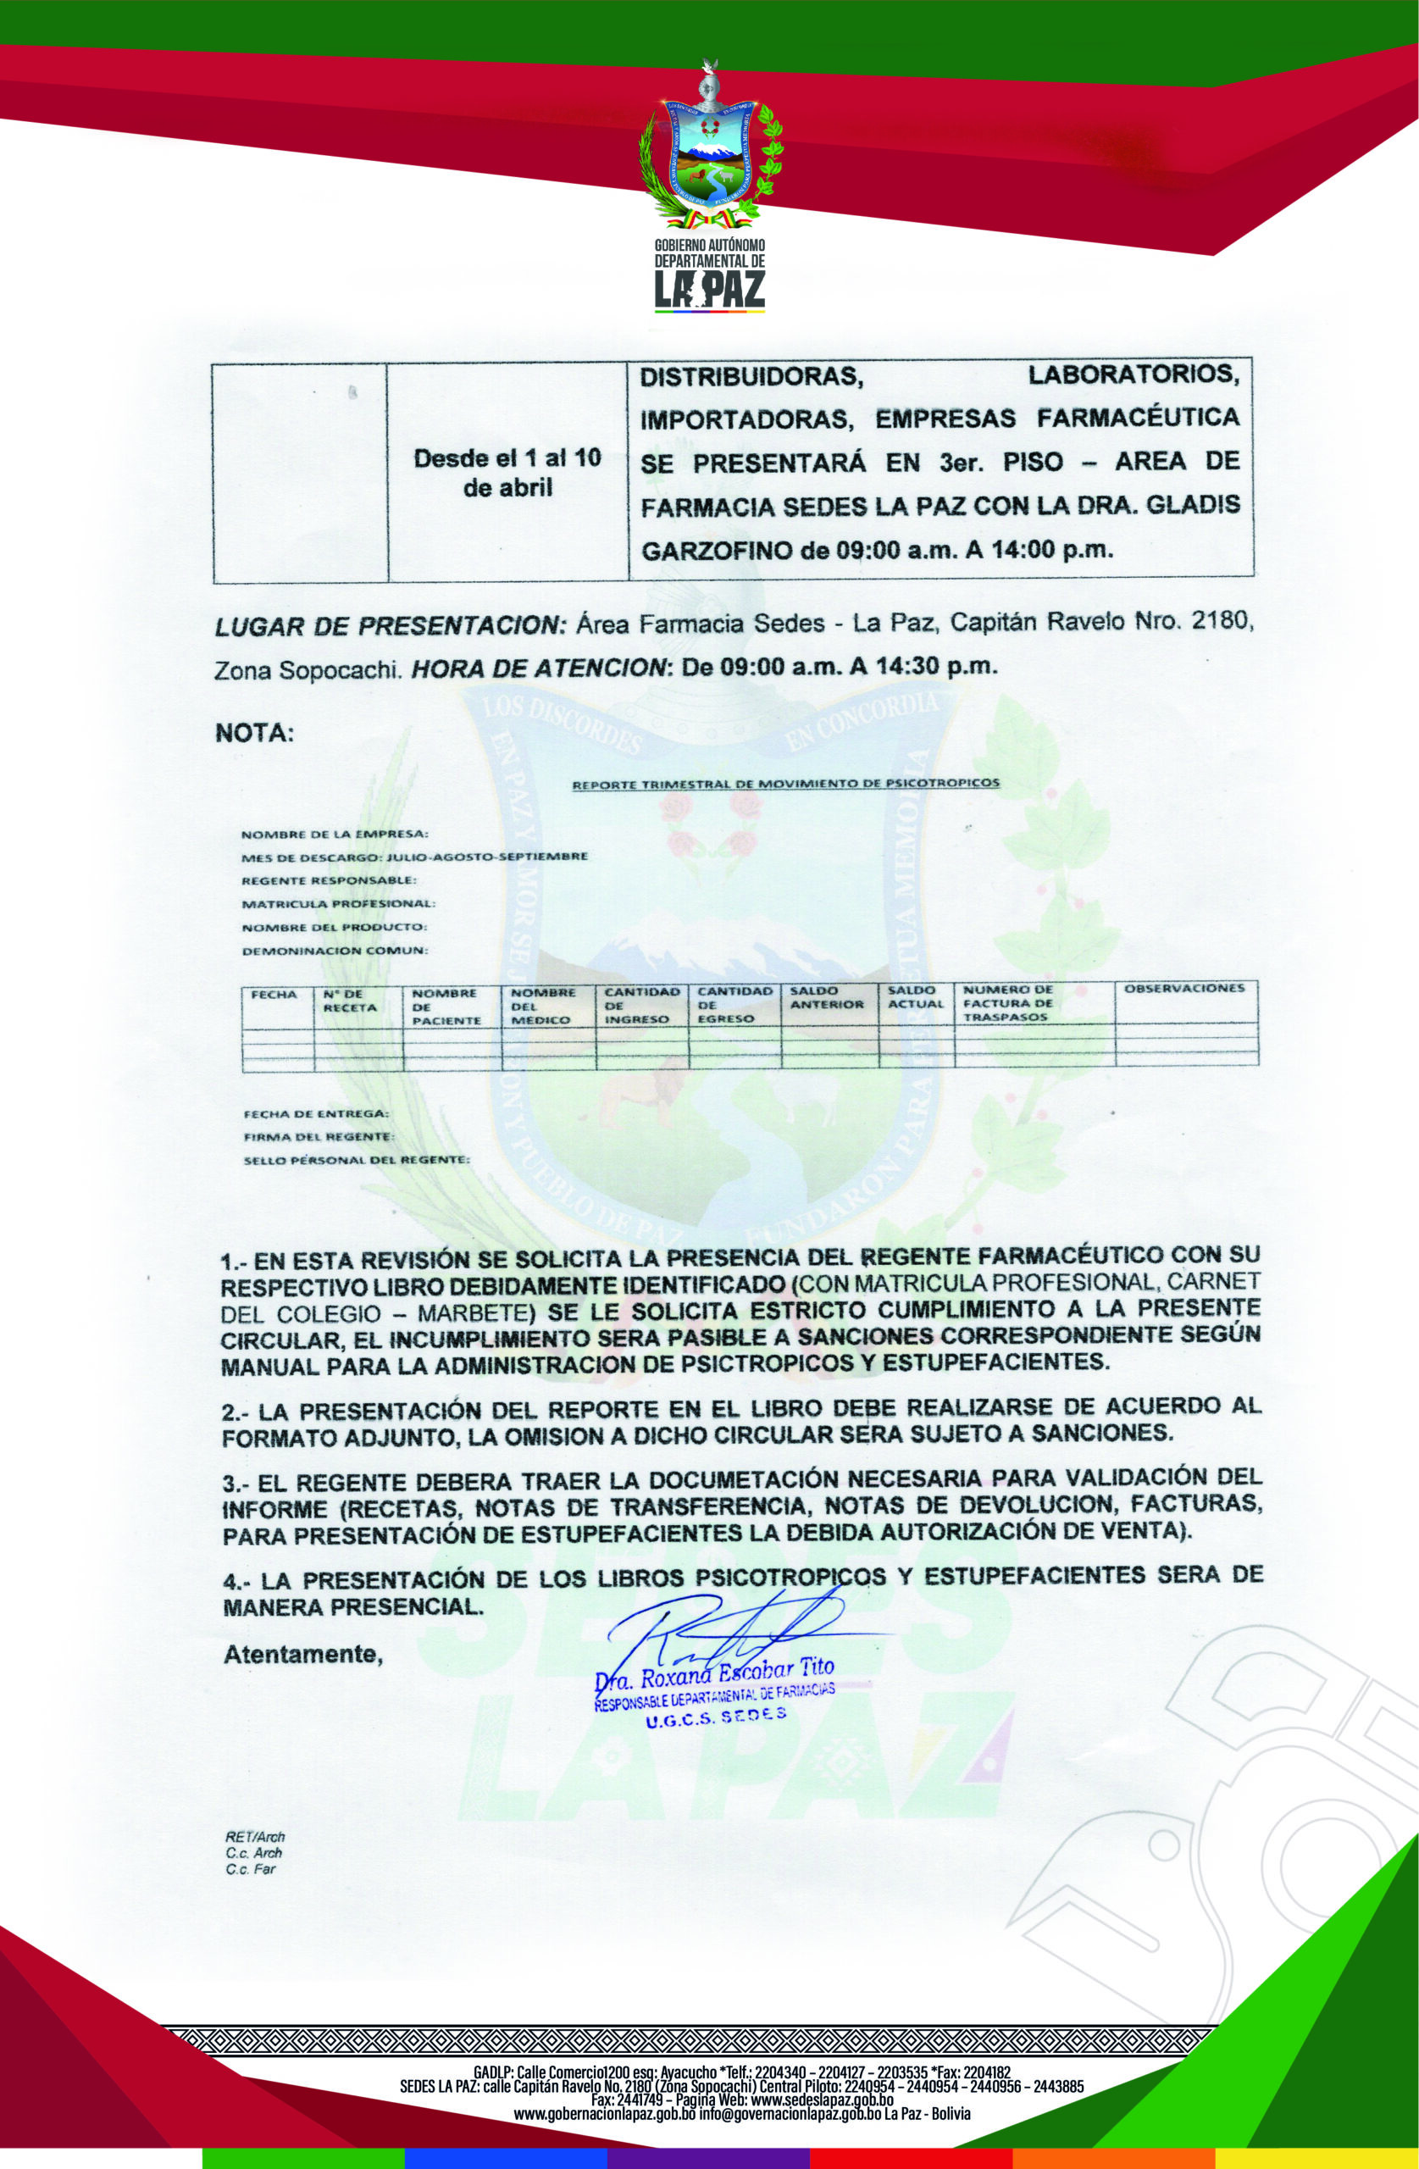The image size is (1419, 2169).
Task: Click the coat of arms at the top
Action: (710, 150)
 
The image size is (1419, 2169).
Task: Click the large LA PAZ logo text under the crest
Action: (710, 291)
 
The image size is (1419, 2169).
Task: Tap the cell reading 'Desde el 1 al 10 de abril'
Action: (507, 472)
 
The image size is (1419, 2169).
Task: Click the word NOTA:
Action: (254, 734)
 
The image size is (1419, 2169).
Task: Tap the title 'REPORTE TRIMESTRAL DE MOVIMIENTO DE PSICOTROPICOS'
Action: (784, 783)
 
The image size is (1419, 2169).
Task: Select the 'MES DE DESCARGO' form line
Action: (413, 857)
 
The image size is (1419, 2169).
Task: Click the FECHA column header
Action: (274, 995)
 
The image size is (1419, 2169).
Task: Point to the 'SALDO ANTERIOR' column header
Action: (826, 997)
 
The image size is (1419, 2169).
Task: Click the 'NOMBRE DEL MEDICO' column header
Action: (543, 1006)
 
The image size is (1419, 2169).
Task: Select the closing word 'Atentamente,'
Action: (302, 1654)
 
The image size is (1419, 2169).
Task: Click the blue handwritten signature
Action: (729, 1632)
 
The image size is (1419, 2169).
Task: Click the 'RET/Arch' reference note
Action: (255, 1837)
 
